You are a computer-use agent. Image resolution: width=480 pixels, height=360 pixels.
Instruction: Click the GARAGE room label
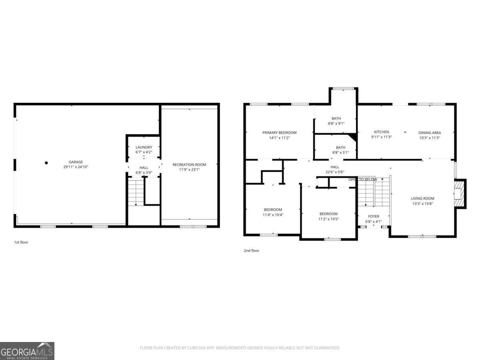[x=76, y=162]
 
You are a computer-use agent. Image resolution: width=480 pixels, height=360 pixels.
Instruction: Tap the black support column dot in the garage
[x=46, y=163]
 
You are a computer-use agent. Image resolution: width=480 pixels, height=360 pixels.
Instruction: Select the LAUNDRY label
[x=144, y=147]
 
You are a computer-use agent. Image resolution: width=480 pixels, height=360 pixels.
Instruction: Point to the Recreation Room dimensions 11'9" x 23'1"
[x=189, y=169]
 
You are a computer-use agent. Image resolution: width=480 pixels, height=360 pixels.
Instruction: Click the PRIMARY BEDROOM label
[x=279, y=133]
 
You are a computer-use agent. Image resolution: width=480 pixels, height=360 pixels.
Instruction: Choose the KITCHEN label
[x=381, y=132]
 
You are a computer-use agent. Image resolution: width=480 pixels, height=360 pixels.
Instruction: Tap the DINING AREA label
[x=430, y=133]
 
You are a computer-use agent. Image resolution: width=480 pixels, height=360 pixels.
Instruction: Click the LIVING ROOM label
[x=422, y=198]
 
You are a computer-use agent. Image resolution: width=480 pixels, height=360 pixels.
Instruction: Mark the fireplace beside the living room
[x=460, y=194]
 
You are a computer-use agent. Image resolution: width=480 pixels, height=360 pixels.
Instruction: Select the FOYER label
[x=373, y=216]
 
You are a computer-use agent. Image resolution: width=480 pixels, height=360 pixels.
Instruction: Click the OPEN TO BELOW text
[x=362, y=180]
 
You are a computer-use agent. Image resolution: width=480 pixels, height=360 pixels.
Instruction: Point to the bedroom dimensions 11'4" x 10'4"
[x=273, y=215]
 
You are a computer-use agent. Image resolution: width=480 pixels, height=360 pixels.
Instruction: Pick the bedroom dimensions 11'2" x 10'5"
[x=328, y=219]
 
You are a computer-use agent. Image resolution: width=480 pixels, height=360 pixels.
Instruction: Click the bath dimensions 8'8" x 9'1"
[x=336, y=123]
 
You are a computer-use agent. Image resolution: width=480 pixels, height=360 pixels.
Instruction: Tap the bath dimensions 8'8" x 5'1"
[x=340, y=152]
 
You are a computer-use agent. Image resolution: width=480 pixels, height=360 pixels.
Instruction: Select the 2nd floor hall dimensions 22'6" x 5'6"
[x=334, y=172]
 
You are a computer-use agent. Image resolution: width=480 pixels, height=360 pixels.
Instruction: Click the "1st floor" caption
[x=21, y=242]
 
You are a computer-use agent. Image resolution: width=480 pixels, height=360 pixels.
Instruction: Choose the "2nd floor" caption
[x=252, y=251]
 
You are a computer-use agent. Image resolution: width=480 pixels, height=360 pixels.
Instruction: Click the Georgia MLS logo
[x=27, y=351]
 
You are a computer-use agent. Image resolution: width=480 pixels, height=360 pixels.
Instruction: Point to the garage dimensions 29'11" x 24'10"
[x=76, y=167]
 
